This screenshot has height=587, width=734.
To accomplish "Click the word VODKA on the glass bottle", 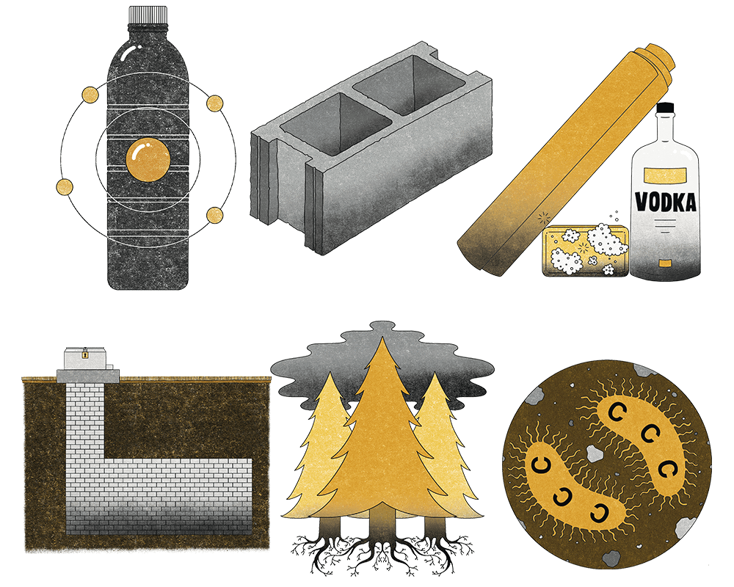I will coord(666,201).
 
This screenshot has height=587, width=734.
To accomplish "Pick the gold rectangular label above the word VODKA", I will coord(665,175).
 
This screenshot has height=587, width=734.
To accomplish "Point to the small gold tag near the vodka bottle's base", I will coord(664,263).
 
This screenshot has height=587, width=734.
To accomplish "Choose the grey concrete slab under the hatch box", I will coord(87,375).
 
